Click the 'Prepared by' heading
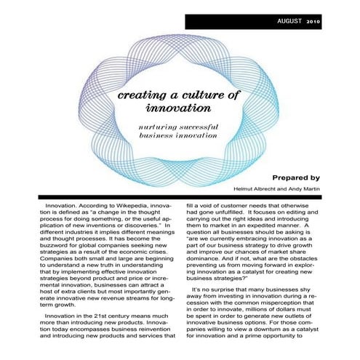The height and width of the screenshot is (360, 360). (x=296, y=177)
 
